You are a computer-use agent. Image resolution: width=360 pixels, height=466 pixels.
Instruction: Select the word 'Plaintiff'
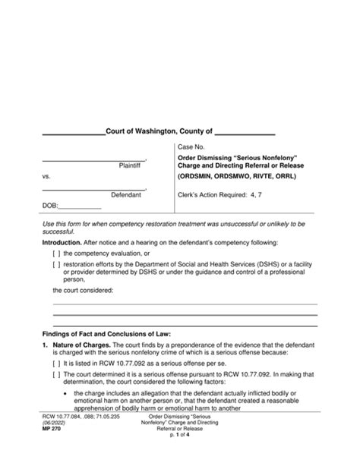(x=131, y=165)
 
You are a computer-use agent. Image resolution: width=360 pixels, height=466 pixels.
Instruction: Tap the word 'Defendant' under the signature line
(x=127, y=195)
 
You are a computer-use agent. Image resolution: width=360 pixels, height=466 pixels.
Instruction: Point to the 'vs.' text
(x=46, y=178)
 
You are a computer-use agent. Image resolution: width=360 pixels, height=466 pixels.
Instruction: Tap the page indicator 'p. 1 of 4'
(x=180, y=453)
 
